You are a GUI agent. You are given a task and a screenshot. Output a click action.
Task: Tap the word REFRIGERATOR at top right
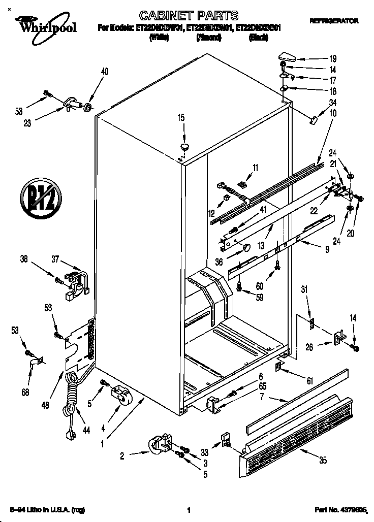tap(333, 21)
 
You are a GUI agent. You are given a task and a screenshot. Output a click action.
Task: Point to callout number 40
tap(105, 72)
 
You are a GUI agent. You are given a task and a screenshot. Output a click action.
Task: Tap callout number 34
tap(332, 104)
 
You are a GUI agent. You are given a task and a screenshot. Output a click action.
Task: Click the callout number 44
tap(86, 431)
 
